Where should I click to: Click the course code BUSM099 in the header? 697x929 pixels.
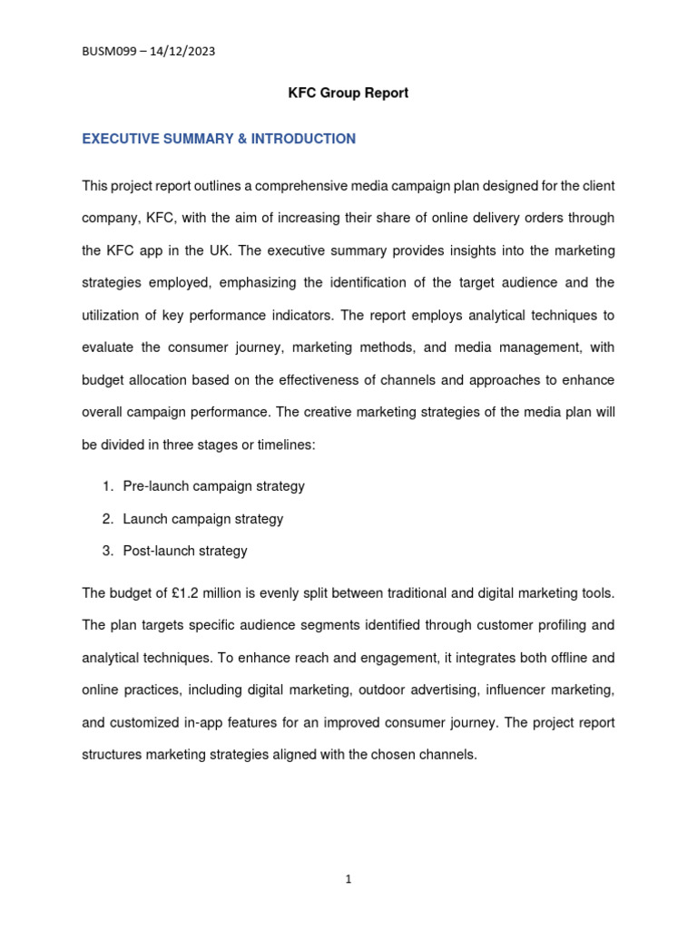point(112,52)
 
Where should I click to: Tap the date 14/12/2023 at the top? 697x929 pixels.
point(182,52)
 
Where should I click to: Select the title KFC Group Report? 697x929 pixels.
point(348,93)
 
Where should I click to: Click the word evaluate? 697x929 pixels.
point(108,348)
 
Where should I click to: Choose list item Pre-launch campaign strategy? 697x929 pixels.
point(214,486)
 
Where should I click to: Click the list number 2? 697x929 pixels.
point(106,519)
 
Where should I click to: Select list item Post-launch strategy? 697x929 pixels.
point(185,551)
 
